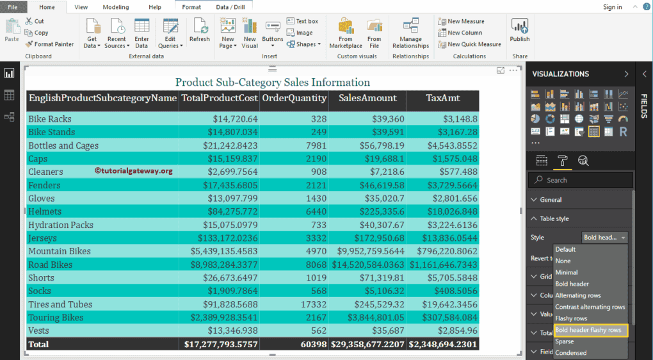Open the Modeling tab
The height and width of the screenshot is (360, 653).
[x=116, y=7]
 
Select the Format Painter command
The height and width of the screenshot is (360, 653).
[x=50, y=44]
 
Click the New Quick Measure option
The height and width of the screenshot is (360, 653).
[x=469, y=44]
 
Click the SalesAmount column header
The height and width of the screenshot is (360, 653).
[x=367, y=98]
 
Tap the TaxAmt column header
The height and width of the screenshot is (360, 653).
[x=443, y=98]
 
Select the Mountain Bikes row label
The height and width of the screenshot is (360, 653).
[x=59, y=251]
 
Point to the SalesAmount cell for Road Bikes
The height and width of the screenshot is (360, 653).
[x=367, y=265]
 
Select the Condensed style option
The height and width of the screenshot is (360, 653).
[x=570, y=353]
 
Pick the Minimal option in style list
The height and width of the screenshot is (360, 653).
[x=567, y=272]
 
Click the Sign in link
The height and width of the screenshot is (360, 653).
[x=612, y=7]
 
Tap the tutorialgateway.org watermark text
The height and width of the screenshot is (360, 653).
[x=133, y=171]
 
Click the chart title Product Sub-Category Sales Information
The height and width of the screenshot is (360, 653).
[x=272, y=82]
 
